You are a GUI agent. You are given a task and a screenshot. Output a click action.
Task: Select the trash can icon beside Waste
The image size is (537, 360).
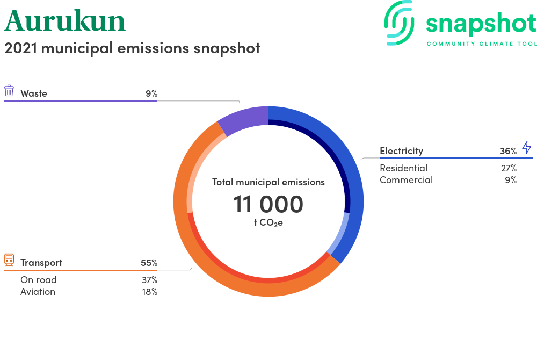tap(9, 91)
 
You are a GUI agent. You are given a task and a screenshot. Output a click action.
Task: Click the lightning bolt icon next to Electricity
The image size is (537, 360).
tap(526, 147)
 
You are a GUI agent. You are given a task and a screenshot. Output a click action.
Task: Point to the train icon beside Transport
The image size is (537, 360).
tap(9, 260)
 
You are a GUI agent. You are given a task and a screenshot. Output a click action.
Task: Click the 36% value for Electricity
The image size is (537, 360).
tap(508, 151)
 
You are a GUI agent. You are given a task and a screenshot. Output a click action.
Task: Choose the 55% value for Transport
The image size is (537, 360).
tap(149, 263)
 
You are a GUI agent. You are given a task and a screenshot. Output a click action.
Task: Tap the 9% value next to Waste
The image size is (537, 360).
tap(151, 93)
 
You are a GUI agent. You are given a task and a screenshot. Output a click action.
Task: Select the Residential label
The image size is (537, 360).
tap(403, 168)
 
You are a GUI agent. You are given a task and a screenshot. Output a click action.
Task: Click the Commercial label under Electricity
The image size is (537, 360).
tap(406, 180)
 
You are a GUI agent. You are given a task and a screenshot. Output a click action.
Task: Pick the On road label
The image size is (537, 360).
tap(39, 280)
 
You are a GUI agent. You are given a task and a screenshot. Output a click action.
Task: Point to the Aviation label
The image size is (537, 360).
tap(38, 292)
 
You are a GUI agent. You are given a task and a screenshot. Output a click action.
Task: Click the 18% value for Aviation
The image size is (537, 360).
tap(150, 292)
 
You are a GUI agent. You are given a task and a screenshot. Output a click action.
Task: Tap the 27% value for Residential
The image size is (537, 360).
tap(509, 168)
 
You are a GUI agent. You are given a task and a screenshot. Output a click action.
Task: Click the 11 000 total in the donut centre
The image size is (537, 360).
tap(268, 204)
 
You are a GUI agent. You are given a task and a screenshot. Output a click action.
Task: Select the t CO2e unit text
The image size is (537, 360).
tap(268, 222)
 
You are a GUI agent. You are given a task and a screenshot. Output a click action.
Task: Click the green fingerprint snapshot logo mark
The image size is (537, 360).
tap(399, 23)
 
